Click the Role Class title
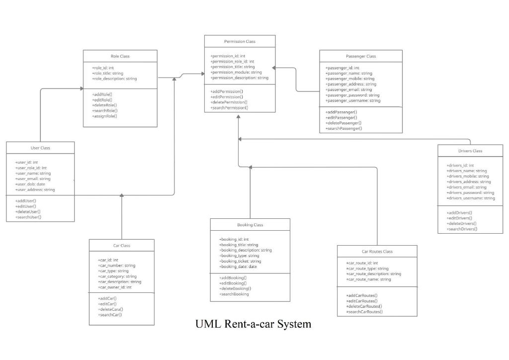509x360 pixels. (x=120, y=56)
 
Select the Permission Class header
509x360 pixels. (x=240, y=41)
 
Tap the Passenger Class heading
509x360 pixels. (x=360, y=56)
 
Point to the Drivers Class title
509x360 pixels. (x=470, y=151)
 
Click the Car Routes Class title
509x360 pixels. (x=377, y=252)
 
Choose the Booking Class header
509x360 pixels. (x=250, y=225)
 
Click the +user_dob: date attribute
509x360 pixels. (x=30, y=184)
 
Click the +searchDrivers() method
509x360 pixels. (x=461, y=229)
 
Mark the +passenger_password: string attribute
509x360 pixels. (x=352, y=95)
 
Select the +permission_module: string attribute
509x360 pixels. (x=236, y=72)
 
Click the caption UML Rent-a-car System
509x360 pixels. (x=254, y=324)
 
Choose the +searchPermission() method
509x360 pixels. (x=229, y=107)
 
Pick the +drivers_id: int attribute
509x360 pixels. (x=460, y=166)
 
